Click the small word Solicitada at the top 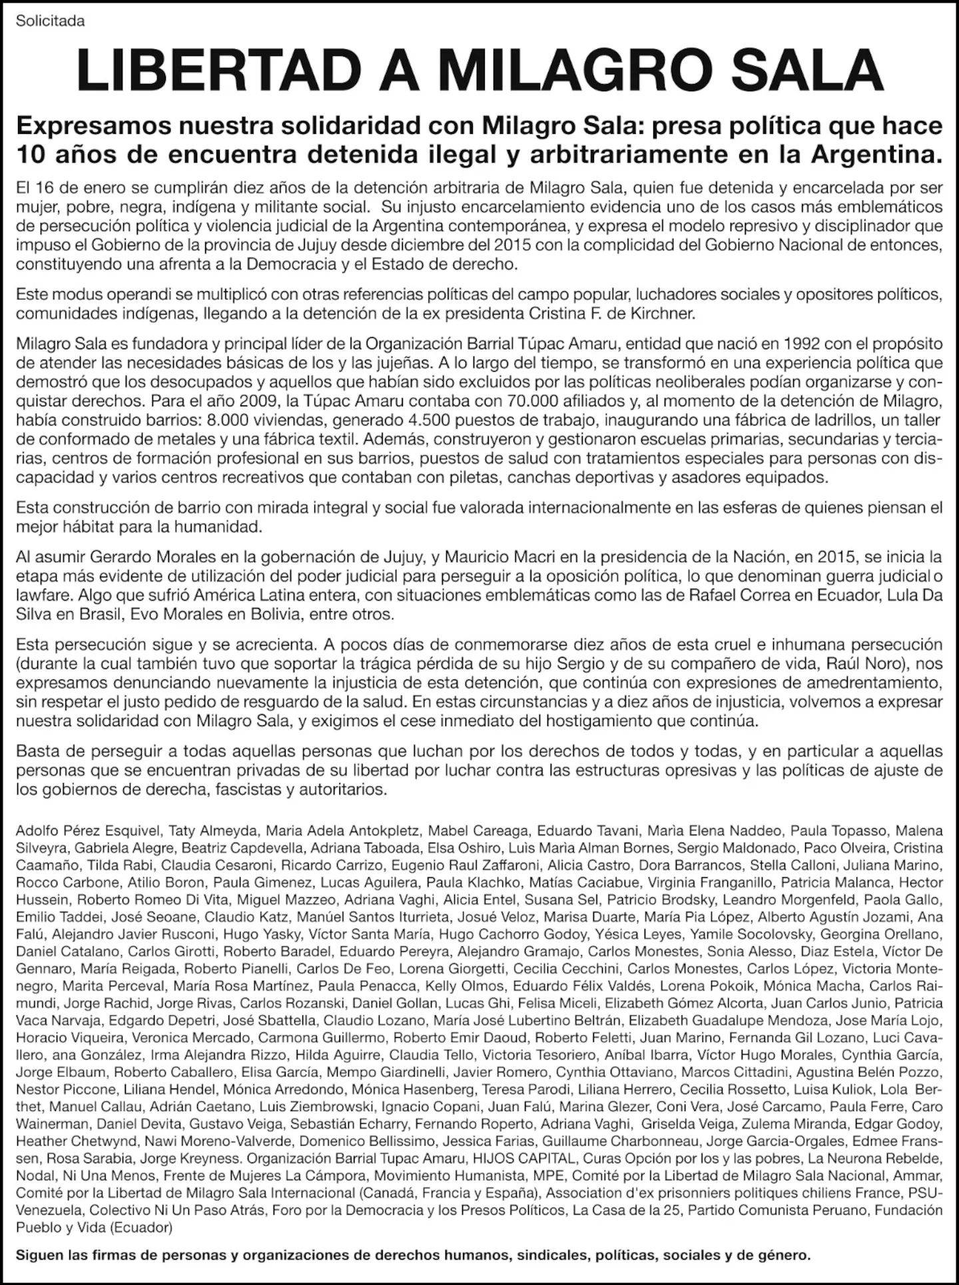click(x=51, y=21)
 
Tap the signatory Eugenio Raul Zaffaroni click(x=465, y=865)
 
